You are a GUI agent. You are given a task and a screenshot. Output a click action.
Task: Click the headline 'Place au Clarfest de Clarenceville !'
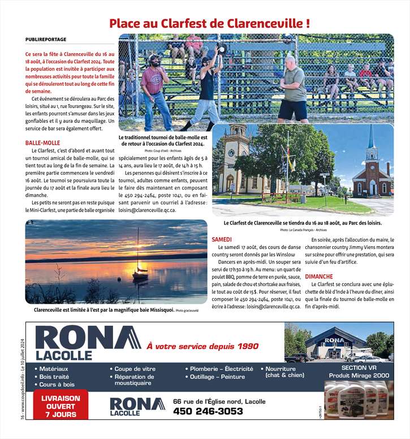209,24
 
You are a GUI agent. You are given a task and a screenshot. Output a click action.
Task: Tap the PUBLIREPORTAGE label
46,40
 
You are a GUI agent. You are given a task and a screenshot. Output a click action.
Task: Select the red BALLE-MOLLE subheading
43,143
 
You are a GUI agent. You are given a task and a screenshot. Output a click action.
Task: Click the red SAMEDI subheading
222,240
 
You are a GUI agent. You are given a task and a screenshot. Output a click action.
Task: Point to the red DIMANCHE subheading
318,276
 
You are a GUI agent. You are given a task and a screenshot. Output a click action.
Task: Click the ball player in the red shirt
153,85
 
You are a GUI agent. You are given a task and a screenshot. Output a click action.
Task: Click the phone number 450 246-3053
208,411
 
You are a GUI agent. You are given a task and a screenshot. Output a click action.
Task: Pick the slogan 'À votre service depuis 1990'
202,346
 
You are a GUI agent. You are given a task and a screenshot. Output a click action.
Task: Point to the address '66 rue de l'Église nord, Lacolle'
219,401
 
